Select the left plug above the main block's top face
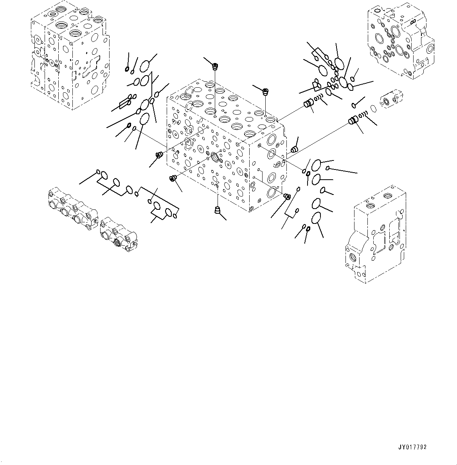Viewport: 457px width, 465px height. point(215,67)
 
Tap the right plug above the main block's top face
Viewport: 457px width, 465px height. point(266,92)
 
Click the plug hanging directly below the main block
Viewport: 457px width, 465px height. point(217,211)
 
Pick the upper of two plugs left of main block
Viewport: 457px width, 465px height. point(159,155)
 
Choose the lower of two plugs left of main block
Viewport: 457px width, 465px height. point(172,178)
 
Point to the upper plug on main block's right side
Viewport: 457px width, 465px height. point(294,149)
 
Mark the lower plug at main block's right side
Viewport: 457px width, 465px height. point(286,196)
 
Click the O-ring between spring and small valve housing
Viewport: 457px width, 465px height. point(374,108)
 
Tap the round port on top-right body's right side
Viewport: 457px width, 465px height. point(430,50)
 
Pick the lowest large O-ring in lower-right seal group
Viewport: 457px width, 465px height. point(317,218)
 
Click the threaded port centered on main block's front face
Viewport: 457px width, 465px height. point(216,157)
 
